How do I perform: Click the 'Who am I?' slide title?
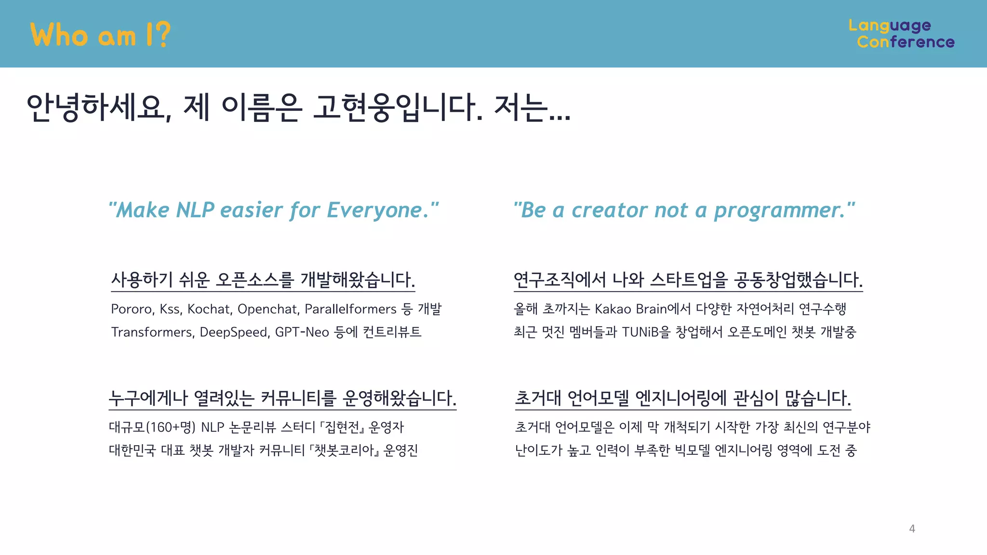pyautogui.click(x=100, y=35)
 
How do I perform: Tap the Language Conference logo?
pyautogui.click(x=901, y=34)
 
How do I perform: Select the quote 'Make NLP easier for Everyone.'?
pyautogui.click(x=274, y=210)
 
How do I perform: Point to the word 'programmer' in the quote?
pyautogui.click(x=779, y=210)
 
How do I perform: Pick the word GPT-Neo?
pyautogui.click(x=302, y=332)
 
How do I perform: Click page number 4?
pyautogui.click(x=912, y=529)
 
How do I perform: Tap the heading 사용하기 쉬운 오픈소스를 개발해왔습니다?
pyautogui.click(x=263, y=279)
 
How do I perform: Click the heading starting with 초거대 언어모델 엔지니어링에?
pyautogui.click(x=683, y=398)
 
